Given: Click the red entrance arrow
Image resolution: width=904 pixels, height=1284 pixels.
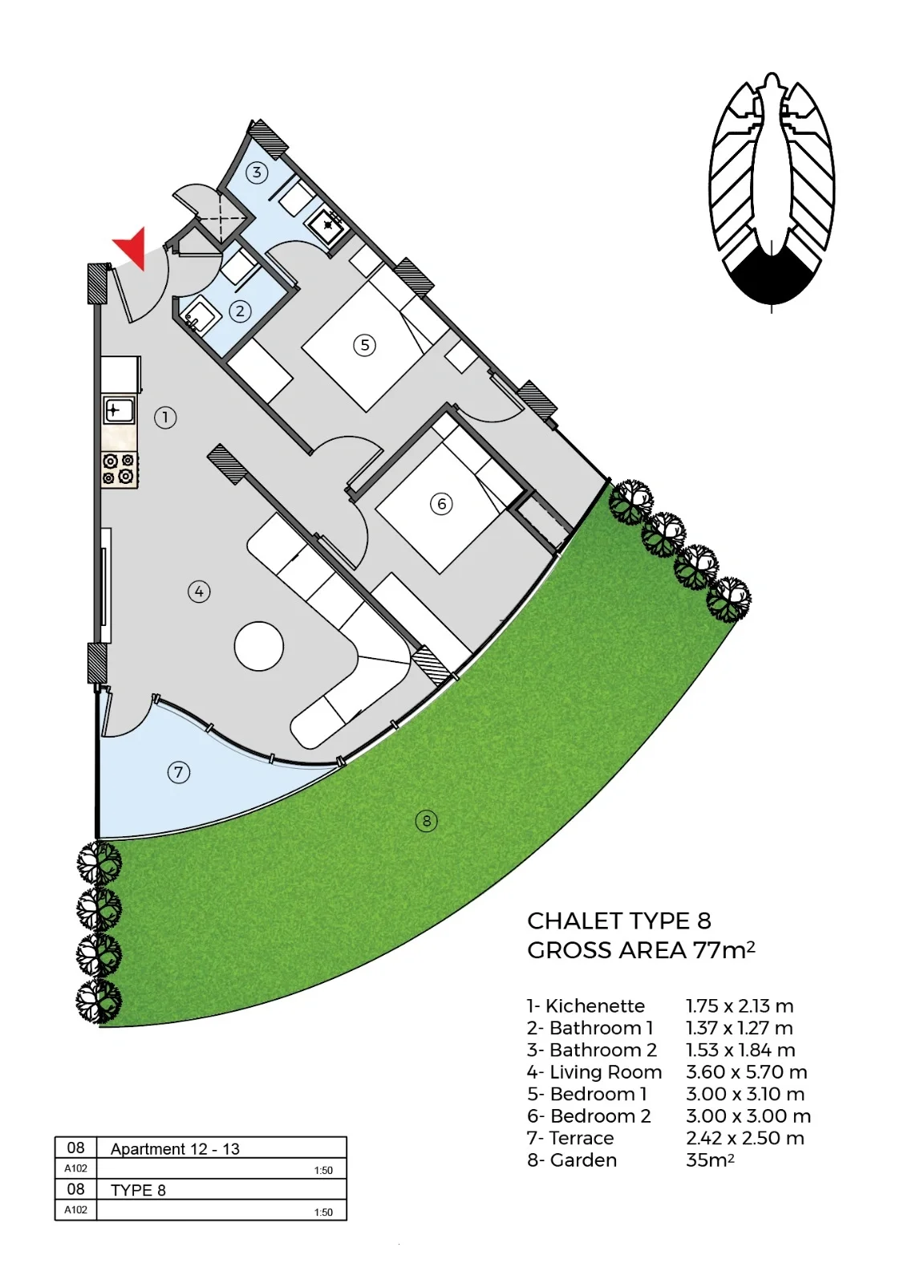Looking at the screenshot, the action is point(133,246).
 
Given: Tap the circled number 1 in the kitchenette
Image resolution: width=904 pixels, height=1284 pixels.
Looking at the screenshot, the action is point(165,417).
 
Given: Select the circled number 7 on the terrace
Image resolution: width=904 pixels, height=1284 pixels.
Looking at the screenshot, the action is point(179,772).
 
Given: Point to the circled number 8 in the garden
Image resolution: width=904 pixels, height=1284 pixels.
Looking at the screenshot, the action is point(426,821).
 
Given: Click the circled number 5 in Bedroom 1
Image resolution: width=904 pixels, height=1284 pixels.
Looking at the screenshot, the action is point(365,345).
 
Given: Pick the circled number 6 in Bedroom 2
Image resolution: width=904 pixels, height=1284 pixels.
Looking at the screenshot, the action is point(441,504).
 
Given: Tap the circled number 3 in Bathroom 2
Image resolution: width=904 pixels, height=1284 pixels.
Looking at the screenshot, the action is point(257,172).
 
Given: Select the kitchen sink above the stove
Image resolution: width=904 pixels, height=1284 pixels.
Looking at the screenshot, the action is point(120,410).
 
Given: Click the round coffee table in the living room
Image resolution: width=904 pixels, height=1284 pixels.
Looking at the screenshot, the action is point(259,646).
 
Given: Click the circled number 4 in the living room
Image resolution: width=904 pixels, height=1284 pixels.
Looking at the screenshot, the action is point(199,591).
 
